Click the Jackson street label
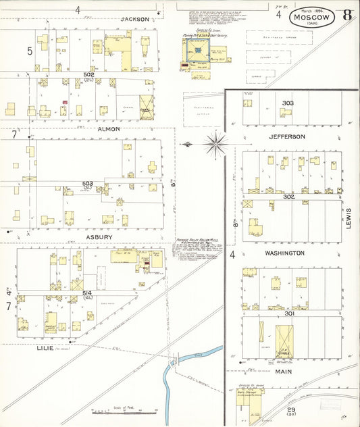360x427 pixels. click(x=134, y=20)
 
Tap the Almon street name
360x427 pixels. click(x=108, y=129)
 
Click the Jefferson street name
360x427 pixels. click(x=287, y=136)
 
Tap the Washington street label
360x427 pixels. click(x=286, y=253)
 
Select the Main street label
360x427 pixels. click(x=282, y=371)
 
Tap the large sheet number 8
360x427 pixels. click(x=346, y=15)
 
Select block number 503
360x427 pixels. click(x=88, y=183)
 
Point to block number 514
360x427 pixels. click(x=87, y=293)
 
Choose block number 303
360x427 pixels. click(x=288, y=103)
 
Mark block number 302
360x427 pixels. click(x=288, y=197)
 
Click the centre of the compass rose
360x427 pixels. click(x=215, y=143)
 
